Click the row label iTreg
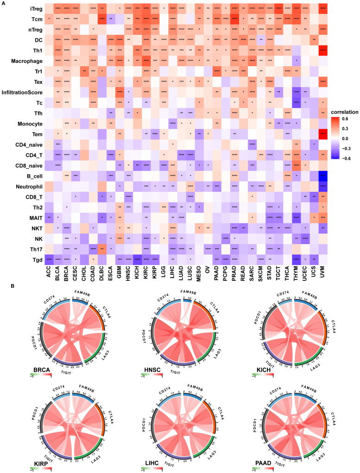[21, 9]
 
